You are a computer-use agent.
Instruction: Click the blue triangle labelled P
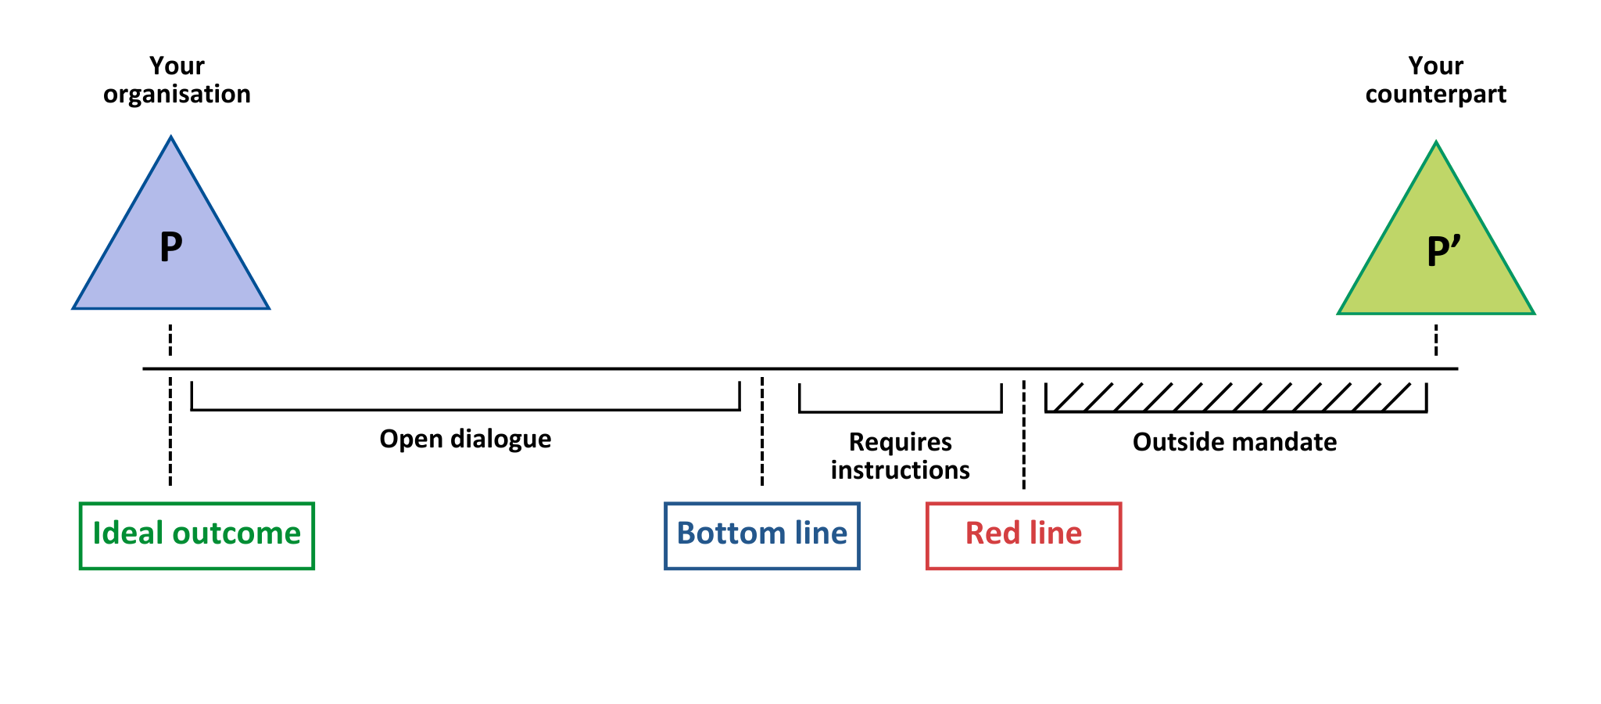click(x=171, y=242)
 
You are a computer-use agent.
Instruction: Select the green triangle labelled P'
click(x=1436, y=246)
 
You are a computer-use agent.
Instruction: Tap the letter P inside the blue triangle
click(x=171, y=247)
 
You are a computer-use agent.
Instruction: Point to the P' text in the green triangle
click(x=1443, y=251)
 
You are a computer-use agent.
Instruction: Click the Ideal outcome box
click(x=197, y=536)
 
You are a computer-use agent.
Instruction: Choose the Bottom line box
click(x=762, y=536)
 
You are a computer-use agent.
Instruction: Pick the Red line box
click(x=1024, y=536)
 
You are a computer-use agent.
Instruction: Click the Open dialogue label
click(x=465, y=439)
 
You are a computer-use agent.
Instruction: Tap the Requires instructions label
click(x=901, y=456)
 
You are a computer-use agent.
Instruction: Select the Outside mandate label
click(x=1235, y=442)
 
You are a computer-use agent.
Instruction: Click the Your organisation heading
click(x=177, y=80)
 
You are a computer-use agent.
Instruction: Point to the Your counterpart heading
click(x=1436, y=80)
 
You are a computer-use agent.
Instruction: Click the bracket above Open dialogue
click(x=466, y=409)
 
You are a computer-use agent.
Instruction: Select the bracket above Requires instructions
click(x=901, y=411)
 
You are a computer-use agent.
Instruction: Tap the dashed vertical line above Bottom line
click(x=762, y=431)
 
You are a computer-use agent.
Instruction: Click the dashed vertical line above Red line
click(x=1024, y=435)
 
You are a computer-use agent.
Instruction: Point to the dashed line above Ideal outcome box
click(x=170, y=431)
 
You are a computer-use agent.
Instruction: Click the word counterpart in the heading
click(x=1436, y=95)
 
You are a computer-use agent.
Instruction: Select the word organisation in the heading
click(x=177, y=95)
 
